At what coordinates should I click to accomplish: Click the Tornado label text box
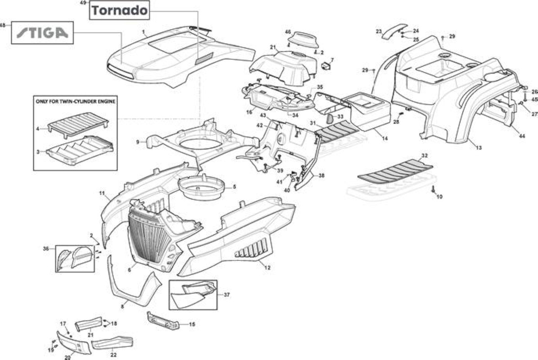[120, 10]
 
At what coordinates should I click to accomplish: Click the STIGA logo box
[43, 32]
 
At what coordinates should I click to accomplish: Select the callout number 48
[2, 25]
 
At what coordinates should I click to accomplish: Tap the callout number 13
[479, 148]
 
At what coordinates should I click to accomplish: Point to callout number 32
[425, 155]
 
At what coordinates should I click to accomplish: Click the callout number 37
[226, 295]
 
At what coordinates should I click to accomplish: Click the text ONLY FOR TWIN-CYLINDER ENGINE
[76, 102]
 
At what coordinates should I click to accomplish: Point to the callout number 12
[267, 267]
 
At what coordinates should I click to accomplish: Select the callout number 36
[46, 249]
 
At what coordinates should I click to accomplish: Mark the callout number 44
[522, 136]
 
